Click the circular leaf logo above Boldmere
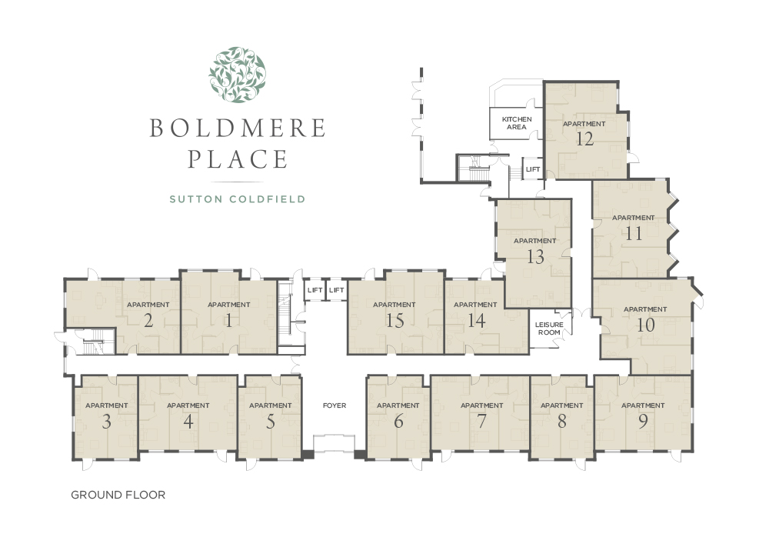pos(238,75)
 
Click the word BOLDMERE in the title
pos(238,128)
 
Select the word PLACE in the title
pos(238,159)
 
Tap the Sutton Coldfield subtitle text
pos(238,199)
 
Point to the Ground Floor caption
pos(118,495)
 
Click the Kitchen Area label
pos(517,123)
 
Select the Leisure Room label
pos(549,329)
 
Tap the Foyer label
pos(335,405)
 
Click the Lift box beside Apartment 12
pos(533,169)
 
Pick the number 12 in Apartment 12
pos(584,139)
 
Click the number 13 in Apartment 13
pos(535,256)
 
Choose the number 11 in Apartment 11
pos(634,233)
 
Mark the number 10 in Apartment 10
pos(645,325)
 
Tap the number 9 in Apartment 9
pos(643,422)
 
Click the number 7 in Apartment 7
pos(482,422)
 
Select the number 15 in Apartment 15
pos(394,321)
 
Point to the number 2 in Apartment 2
pos(148,321)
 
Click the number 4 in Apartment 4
pos(188,422)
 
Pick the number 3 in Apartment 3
pos(106,422)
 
